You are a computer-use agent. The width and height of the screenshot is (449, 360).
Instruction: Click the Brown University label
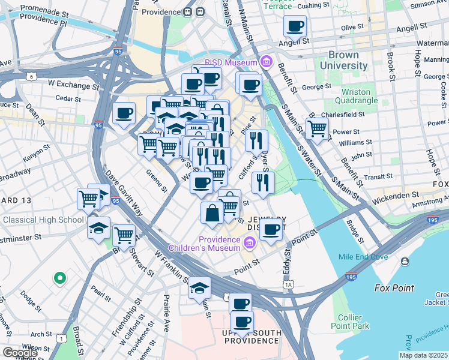343,59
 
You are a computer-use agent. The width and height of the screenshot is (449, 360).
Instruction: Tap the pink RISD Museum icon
266,61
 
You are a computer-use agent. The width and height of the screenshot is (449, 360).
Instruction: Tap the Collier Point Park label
354,322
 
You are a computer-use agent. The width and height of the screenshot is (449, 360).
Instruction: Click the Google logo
20,353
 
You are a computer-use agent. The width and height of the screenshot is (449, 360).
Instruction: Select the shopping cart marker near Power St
317,127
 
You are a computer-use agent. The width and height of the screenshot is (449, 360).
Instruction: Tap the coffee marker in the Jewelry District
271,228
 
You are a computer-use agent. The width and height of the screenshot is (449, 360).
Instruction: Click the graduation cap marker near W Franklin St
199,288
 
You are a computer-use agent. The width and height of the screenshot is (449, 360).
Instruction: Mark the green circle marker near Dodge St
59,278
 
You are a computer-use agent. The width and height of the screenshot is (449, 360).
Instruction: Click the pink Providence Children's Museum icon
250,242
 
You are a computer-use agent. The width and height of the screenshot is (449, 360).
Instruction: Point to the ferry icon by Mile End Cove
405,262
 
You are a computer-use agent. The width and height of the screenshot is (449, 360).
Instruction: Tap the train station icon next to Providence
191,11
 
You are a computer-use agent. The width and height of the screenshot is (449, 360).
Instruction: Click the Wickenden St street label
397,195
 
